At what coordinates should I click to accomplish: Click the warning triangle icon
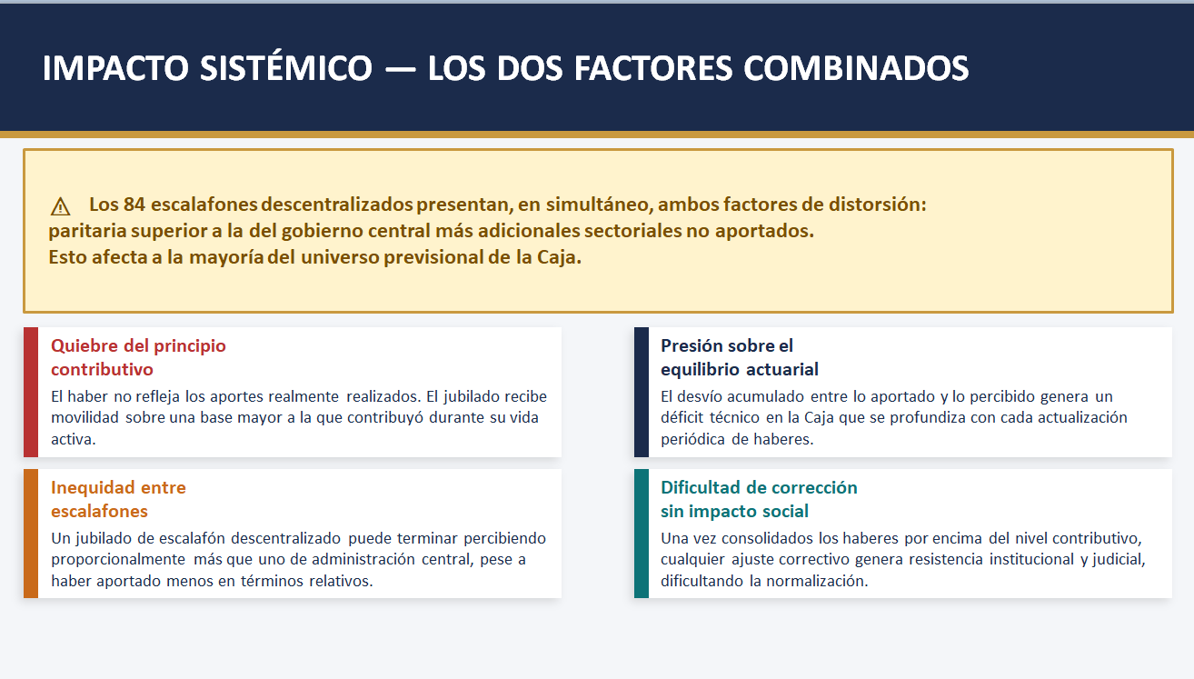(x=60, y=206)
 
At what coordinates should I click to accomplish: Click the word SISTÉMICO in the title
(x=285, y=68)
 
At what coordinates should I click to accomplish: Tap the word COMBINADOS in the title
(x=856, y=69)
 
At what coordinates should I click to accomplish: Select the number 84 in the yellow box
(x=134, y=205)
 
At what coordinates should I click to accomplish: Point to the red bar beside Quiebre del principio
(x=31, y=392)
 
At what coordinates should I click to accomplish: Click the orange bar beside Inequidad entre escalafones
(x=31, y=534)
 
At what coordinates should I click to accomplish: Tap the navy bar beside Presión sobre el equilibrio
(x=642, y=392)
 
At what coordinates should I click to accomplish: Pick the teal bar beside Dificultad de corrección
(x=642, y=534)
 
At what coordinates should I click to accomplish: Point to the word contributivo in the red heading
(x=103, y=369)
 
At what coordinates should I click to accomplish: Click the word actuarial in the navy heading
(x=782, y=369)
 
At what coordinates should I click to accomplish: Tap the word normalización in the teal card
(x=817, y=581)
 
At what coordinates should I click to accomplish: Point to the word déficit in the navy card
(x=682, y=417)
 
